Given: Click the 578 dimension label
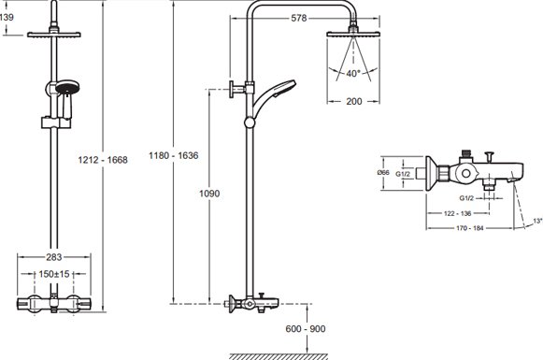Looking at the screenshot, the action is [299, 18].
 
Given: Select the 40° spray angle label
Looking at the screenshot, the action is [353, 74].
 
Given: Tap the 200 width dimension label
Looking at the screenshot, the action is [354, 101].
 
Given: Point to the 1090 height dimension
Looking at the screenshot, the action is [209, 193].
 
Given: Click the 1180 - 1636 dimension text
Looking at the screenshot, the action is [174, 155].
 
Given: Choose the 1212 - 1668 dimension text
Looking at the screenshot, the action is [103, 160].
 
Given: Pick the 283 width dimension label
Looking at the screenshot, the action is [53, 257].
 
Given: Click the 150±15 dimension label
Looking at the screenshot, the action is [54, 274].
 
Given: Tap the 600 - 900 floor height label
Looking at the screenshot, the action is [306, 329].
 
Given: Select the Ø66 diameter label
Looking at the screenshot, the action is [383, 172].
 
